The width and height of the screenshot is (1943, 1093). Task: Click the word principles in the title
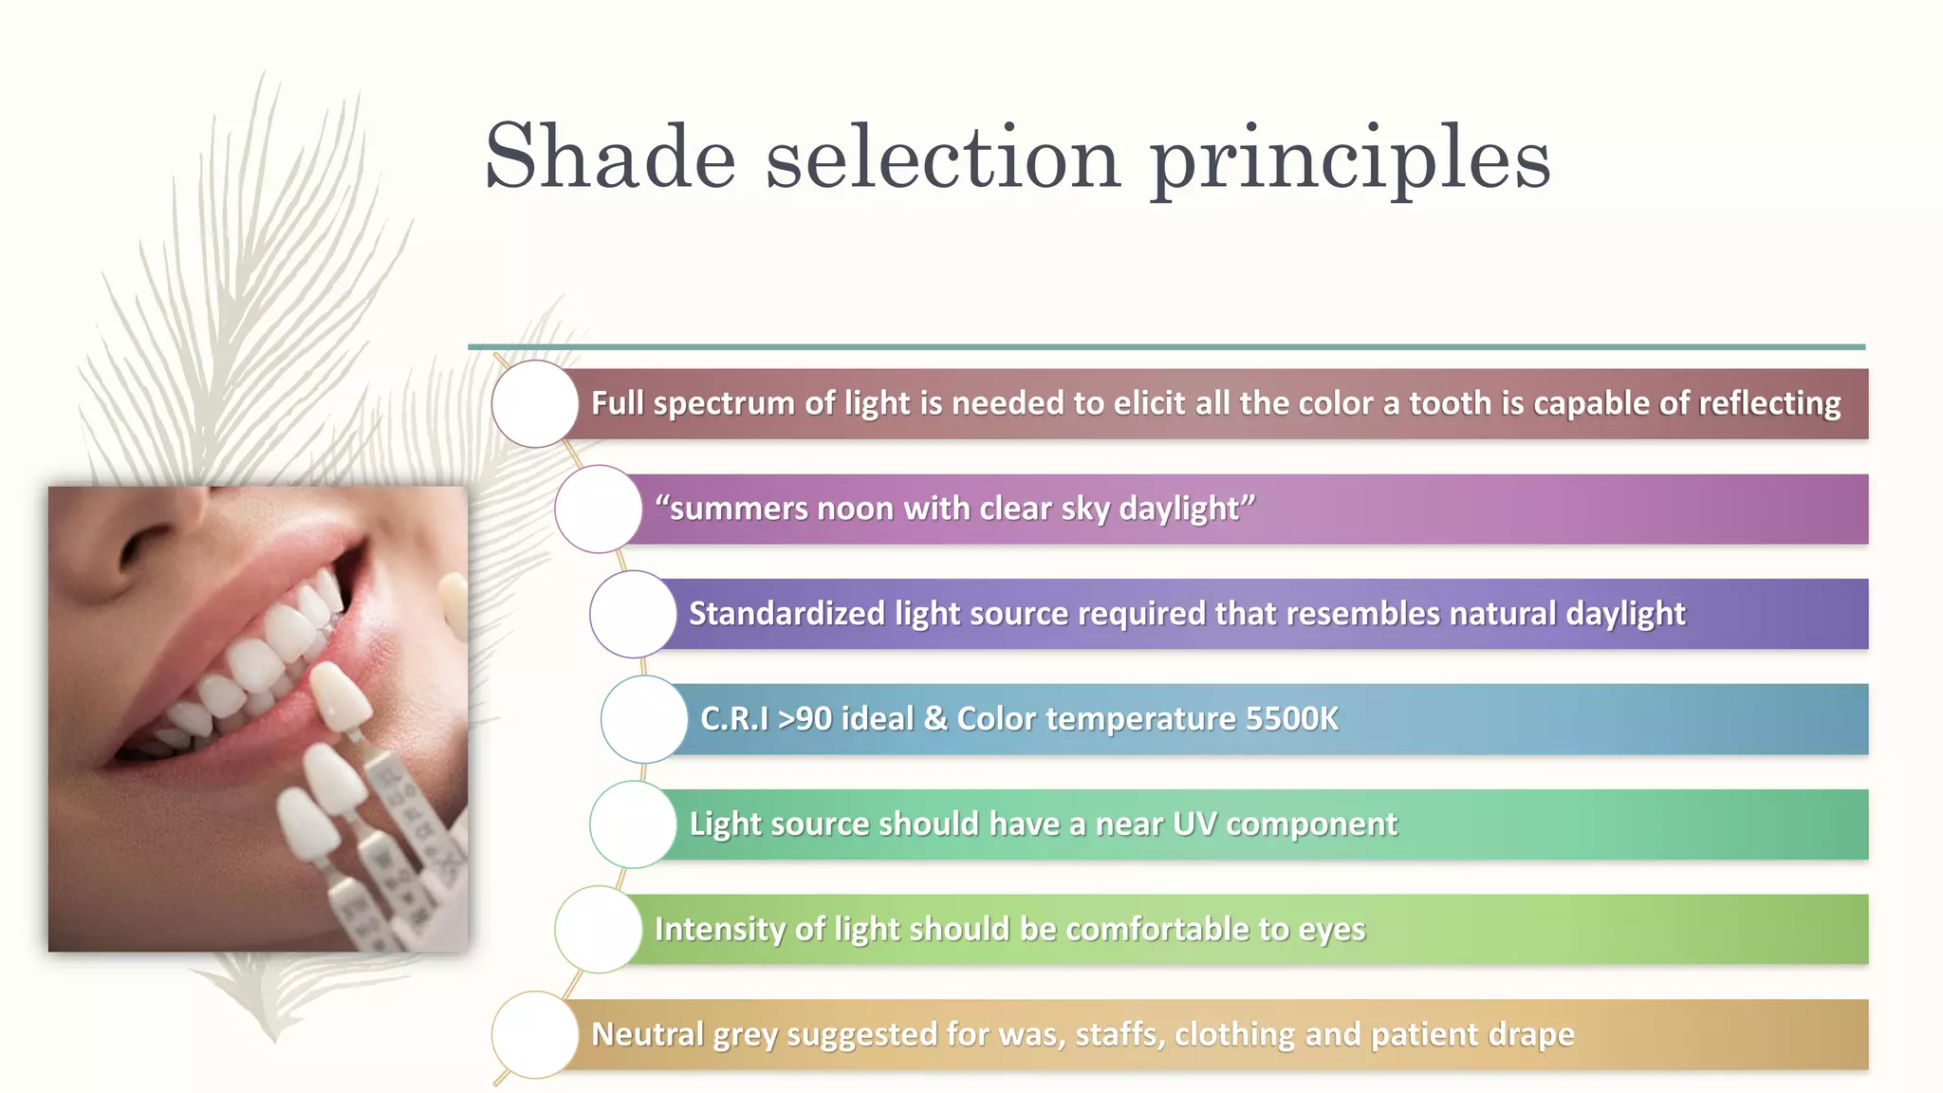pyautogui.click(x=1350, y=159)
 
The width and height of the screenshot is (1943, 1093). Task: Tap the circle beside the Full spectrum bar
pyautogui.click(x=535, y=403)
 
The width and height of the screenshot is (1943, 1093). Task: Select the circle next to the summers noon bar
pyautogui.click(x=598, y=509)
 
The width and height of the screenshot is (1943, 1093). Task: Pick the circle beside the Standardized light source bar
pyautogui.click(x=633, y=614)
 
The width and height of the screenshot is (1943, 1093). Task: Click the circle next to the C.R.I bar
pyautogui.click(x=643, y=719)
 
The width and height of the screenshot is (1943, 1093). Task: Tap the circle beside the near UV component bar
pyautogui.click(x=633, y=824)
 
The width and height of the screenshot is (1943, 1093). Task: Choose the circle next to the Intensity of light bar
pyautogui.click(x=598, y=929)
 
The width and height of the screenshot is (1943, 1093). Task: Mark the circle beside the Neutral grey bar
pyautogui.click(x=535, y=1034)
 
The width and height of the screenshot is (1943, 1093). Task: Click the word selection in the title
pyautogui.click(x=943, y=157)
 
